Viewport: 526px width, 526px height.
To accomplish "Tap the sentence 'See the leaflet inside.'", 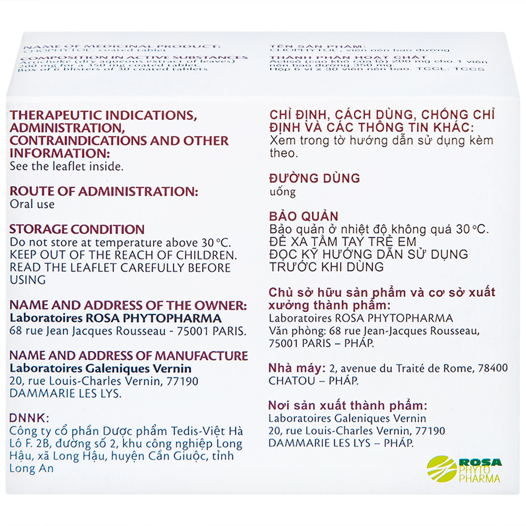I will pos(66,166).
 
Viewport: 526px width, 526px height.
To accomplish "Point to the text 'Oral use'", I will pos(32,204).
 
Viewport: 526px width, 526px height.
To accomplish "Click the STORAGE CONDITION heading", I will pos(77,229).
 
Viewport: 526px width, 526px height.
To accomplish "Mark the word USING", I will pos(28,280).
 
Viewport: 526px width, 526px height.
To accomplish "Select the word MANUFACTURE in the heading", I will pos(202,356).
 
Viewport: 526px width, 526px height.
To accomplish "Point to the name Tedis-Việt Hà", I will pos(207,431).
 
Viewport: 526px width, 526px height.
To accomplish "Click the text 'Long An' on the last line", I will pos(31,468).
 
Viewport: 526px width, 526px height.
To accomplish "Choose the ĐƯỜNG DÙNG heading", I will pos(314,178).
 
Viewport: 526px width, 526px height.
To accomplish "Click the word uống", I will pos(282,192).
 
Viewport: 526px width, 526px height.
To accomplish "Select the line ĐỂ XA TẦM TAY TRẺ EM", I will pos(343,242).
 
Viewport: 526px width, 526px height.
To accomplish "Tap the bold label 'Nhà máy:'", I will pos(297,368).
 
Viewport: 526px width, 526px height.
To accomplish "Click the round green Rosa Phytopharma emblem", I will pos(442,469).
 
